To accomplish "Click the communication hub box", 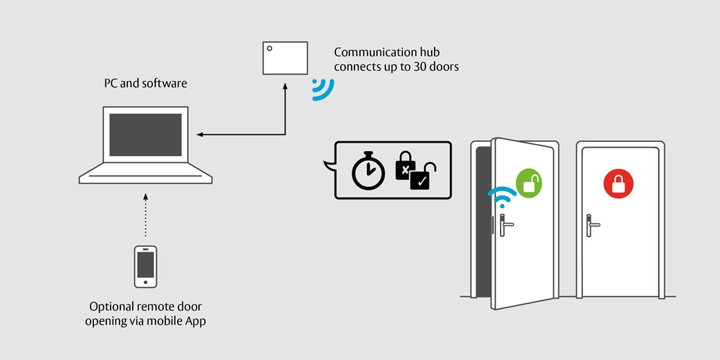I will [x=285, y=58].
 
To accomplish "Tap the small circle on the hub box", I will [x=269, y=49].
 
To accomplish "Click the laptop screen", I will [x=146, y=134].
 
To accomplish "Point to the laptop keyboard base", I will [x=146, y=175].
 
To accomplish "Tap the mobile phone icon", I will [x=146, y=266].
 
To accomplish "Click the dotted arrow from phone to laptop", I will [x=146, y=214].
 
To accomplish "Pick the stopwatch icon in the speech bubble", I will [x=368, y=172].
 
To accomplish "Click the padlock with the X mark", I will [x=405, y=166].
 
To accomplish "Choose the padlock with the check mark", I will [x=423, y=177].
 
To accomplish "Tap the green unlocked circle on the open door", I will [x=529, y=183].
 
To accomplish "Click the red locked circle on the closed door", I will [x=618, y=184].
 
